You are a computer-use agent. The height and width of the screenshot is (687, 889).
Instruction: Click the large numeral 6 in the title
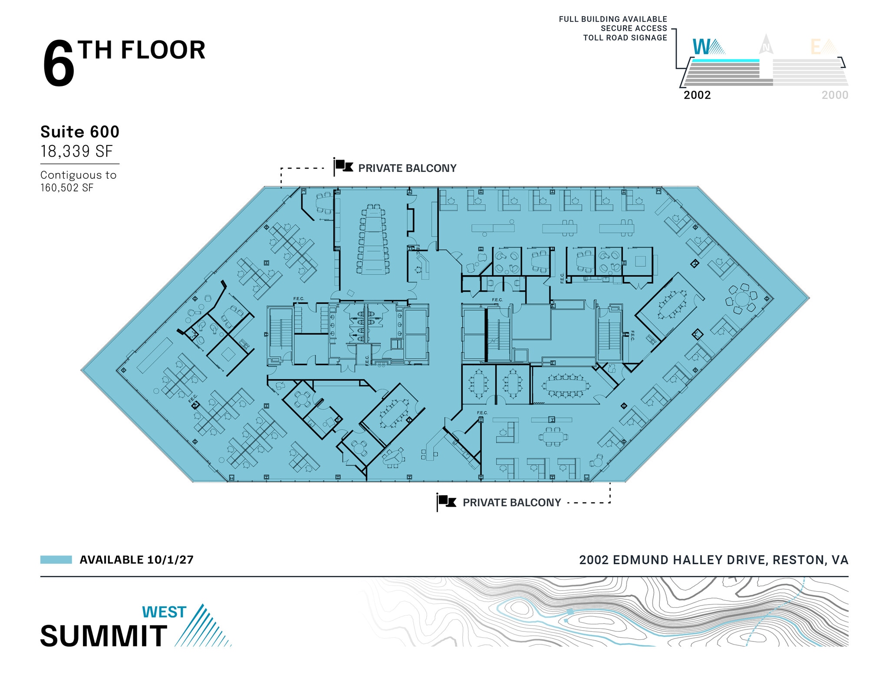click(x=59, y=64)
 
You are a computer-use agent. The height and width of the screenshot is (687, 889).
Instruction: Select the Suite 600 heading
click(x=80, y=132)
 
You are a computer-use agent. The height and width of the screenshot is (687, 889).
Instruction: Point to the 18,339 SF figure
click(x=76, y=151)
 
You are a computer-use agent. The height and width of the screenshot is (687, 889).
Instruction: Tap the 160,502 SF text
click(x=67, y=188)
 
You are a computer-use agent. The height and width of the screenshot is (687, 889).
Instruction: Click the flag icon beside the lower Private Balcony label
click(x=447, y=502)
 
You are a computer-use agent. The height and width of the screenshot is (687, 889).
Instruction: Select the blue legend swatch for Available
click(x=56, y=559)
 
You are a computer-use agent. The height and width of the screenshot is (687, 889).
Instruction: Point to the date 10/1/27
click(x=170, y=560)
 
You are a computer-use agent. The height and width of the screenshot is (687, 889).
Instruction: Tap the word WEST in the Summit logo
click(x=164, y=612)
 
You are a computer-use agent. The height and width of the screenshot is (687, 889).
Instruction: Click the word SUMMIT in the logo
click(x=104, y=636)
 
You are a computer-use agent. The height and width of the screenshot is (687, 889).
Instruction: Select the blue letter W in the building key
click(x=701, y=47)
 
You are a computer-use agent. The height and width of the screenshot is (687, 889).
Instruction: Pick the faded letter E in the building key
click(x=816, y=47)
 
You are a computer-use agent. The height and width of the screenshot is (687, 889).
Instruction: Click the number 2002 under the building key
click(x=697, y=95)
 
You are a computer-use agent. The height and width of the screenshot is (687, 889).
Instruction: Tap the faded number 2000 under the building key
click(x=835, y=95)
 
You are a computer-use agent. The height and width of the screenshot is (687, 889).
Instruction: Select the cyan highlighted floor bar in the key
click(x=725, y=61)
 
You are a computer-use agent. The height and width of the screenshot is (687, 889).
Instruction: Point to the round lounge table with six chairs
click(x=742, y=299)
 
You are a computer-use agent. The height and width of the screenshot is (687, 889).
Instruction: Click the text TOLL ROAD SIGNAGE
click(x=625, y=38)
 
